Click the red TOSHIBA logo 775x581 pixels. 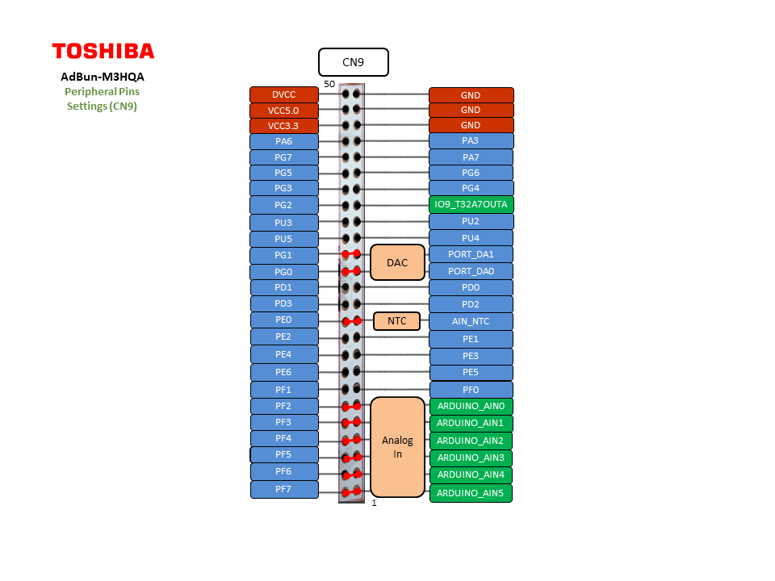(103, 51)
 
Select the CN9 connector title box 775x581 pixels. (353, 62)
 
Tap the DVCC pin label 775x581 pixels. (283, 94)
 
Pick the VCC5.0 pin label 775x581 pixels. (283, 111)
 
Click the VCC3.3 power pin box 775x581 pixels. (283, 126)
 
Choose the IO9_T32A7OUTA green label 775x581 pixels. (471, 204)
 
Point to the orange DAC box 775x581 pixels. (397, 262)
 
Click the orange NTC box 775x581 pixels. (397, 321)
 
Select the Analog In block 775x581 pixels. (397, 447)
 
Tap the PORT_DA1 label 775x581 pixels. (471, 254)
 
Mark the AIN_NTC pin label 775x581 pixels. (471, 321)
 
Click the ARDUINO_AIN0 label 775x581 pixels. (471, 406)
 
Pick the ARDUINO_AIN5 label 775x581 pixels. (471, 493)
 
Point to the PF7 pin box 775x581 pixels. (283, 489)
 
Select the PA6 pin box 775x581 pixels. (283, 141)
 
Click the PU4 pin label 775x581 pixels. (471, 238)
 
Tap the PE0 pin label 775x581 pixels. (283, 320)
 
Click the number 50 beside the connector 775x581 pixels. (329, 84)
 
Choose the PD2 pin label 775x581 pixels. (471, 304)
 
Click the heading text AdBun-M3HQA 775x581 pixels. (103, 77)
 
